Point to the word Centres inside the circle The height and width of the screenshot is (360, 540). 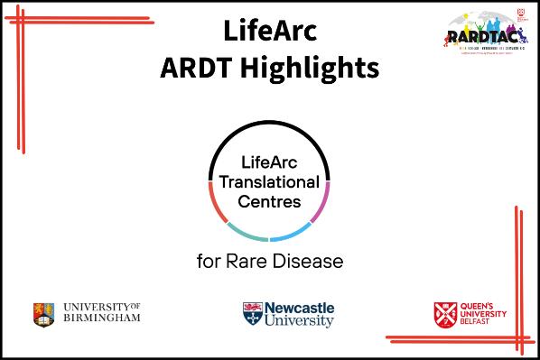[x=269, y=201]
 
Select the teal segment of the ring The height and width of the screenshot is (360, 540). [x=245, y=235]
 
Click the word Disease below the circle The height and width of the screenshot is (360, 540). [x=309, y=263]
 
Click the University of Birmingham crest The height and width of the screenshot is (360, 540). [x=42, y=314]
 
